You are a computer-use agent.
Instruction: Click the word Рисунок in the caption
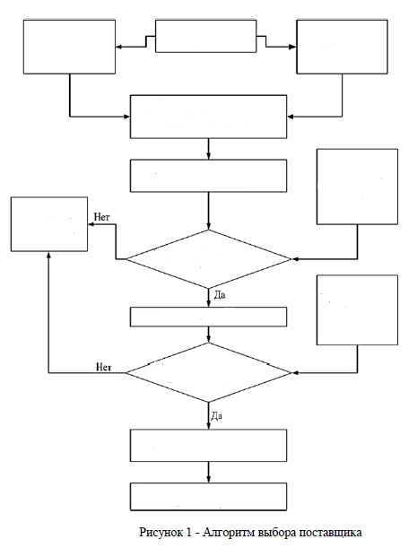[161, 533]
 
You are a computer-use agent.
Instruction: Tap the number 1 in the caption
[189, 532]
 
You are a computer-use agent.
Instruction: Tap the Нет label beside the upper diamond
[101, 217]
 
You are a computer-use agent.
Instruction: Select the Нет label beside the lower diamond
[104, 367]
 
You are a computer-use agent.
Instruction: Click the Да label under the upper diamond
[220, 295]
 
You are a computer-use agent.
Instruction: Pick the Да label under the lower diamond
[217, 416]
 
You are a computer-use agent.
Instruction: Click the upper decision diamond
[209, 259]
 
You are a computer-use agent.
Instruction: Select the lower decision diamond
[209, 372]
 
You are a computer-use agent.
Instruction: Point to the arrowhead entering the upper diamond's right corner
[295, 259]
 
